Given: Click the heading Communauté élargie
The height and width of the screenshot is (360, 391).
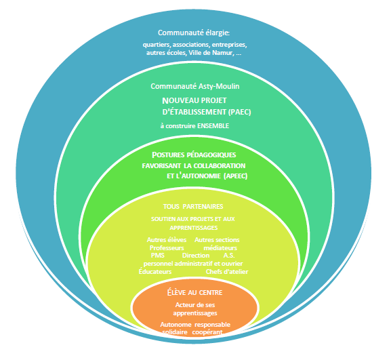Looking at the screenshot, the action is (194, 33).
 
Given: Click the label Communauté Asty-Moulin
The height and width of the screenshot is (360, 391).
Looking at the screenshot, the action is (195, 86).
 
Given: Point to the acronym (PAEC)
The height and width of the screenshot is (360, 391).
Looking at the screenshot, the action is (240, 112).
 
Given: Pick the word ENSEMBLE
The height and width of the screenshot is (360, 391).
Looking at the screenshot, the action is (213, 125).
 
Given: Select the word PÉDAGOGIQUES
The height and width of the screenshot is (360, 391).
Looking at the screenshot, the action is (211, 155).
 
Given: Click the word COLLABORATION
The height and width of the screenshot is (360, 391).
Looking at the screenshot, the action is (220, 165).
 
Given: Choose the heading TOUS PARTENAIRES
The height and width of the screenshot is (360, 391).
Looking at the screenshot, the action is (193, 206).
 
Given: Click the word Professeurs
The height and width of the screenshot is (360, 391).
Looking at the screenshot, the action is (167, 247).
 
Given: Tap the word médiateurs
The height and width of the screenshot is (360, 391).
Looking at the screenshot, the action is (220, 247).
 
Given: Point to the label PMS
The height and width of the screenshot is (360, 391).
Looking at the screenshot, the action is (158, 256).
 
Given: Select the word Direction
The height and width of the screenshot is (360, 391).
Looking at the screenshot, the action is (196, 256).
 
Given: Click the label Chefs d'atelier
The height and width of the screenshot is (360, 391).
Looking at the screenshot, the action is (227, 272).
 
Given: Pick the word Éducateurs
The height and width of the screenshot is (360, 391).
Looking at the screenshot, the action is (155, 271).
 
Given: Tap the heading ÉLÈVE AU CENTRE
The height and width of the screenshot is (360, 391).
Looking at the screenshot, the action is (194, 292).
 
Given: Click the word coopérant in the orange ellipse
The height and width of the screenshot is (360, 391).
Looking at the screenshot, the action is (207, 332).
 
